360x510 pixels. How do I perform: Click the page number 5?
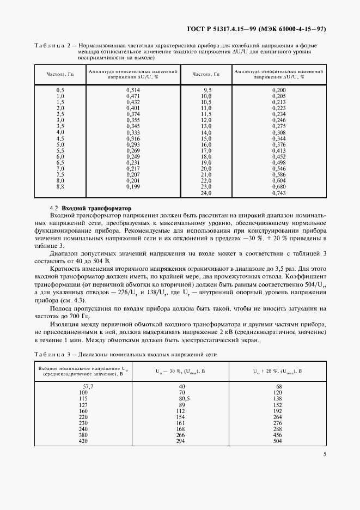pyautogui.click(x=324, y=454)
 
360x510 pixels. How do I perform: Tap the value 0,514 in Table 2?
pyautogui.click(x=133, y=89)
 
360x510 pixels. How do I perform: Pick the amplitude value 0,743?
pyautogui.click(x=278, y=193)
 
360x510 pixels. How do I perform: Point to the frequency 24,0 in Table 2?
pyautogui.click(x=206, y=193)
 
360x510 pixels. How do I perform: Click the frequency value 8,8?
pyautogui.click(x=60, y=187)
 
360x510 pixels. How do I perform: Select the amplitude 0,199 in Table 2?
pyautogui.click(x=133, y=187)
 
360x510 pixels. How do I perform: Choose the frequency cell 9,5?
pyautogui.click(x=207, y=89)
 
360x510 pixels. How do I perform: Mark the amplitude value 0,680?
pyautogui.click(x=278, y=187)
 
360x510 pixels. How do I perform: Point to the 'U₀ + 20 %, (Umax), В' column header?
pyautogui.click(x=278, y=371)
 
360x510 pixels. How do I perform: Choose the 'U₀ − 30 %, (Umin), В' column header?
pyautogui.click(x=180, y=371)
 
